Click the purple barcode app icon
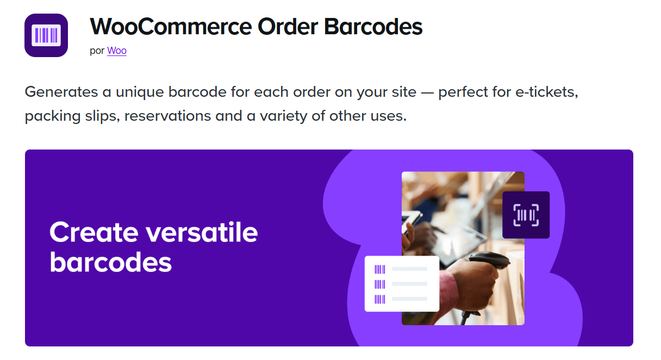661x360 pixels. [x=46, y=35]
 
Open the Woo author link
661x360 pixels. [x=116, y=51]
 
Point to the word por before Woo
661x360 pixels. [x=97, y=51]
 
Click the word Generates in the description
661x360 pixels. [x=60, y=91]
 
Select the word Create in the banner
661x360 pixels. [x=93, y=232]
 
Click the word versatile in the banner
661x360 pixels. [x=202, y=232]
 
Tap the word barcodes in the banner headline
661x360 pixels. [x=111, y=262]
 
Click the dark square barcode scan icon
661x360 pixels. [x=526, y=215]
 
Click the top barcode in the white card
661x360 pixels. [x=380, y=269]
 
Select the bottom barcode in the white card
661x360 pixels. [x=380, y=299]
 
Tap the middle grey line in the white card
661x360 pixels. [x=409, y=284]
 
